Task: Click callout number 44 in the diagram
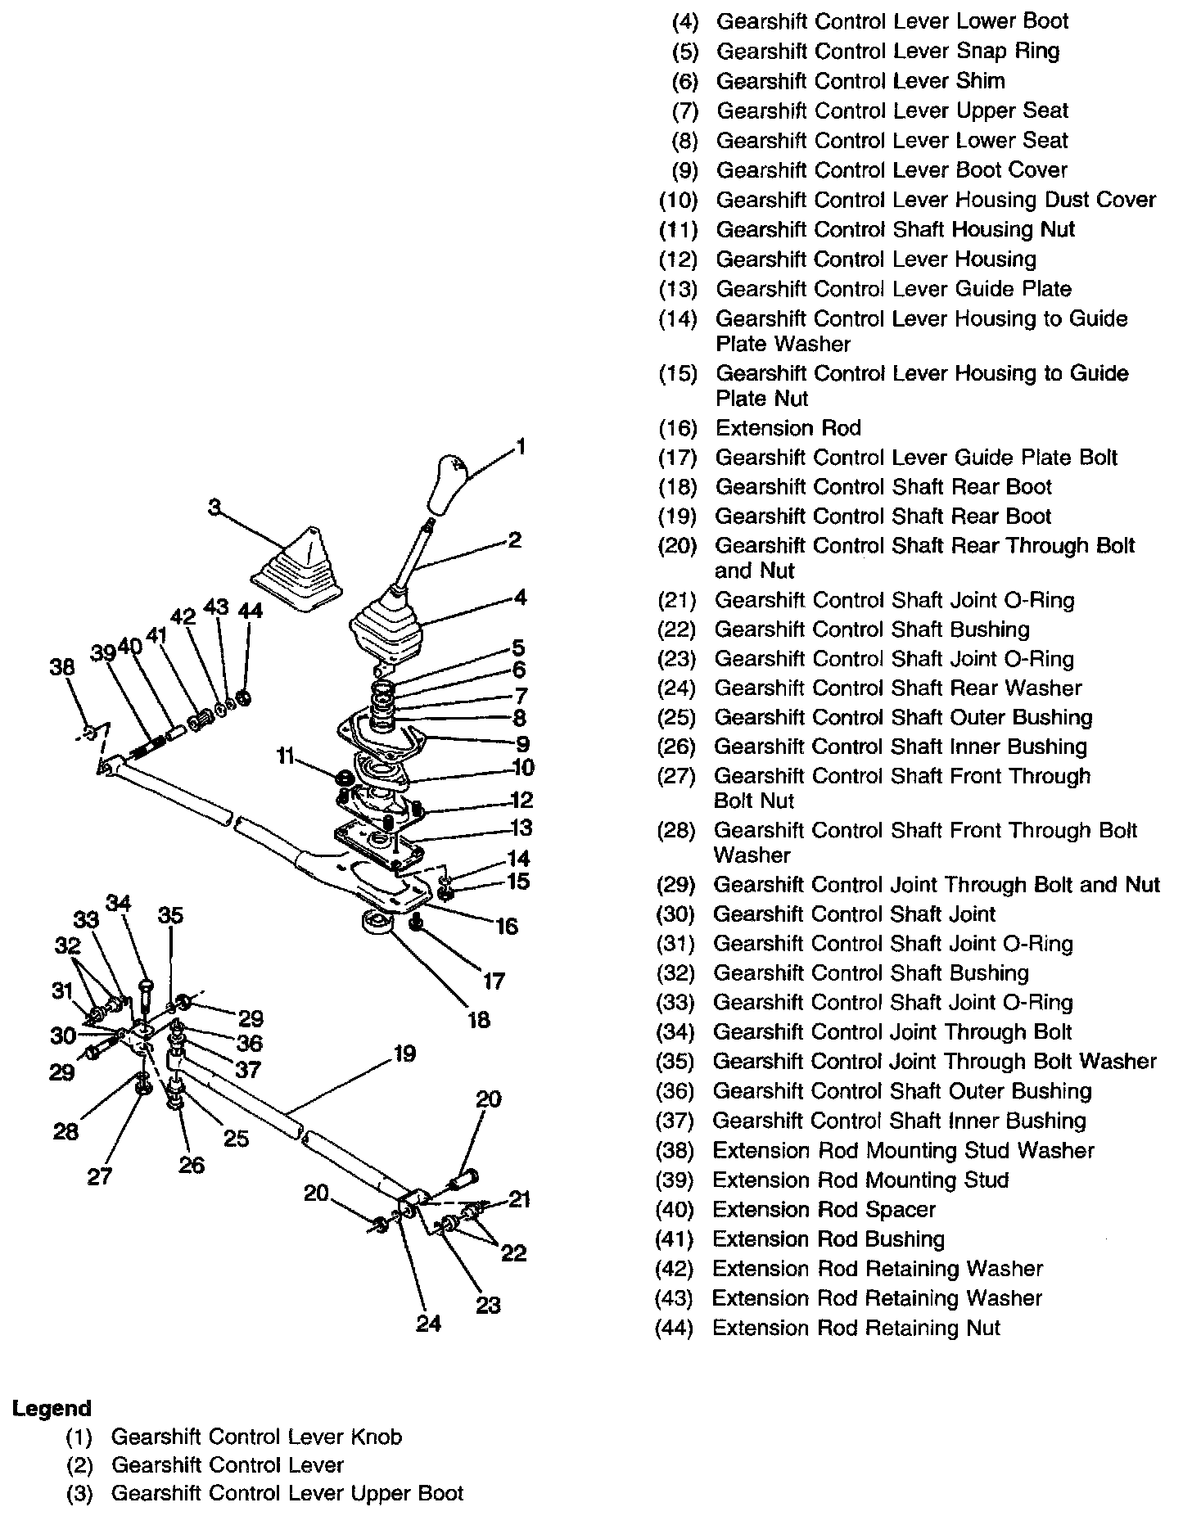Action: (x=250, y=611)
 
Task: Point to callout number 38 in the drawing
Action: (x=62, y=667)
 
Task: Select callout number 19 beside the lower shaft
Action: (x=404, y=1054)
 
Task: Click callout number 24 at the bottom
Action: (x=428, y=1324)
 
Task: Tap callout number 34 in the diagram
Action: (x=119, y=904)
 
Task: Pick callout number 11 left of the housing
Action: (x=285, y=756)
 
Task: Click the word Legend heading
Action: (x=52, y=1409)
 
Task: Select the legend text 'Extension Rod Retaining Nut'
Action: (x=856, y=1328)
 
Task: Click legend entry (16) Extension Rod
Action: (x=788, y=428)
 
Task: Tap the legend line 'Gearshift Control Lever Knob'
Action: (x=256, y=1437)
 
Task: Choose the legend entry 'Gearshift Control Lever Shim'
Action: (x=860, y=81)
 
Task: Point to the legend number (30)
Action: (x=676, y=914)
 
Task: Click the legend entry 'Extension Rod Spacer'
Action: (x=824, y=1210)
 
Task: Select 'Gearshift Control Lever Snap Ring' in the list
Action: (x=888, y=51)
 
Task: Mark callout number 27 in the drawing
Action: (x=100, y=1177)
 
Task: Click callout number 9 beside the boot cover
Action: (x=522, y=744)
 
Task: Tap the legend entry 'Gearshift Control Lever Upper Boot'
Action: (x=287, y=1493)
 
